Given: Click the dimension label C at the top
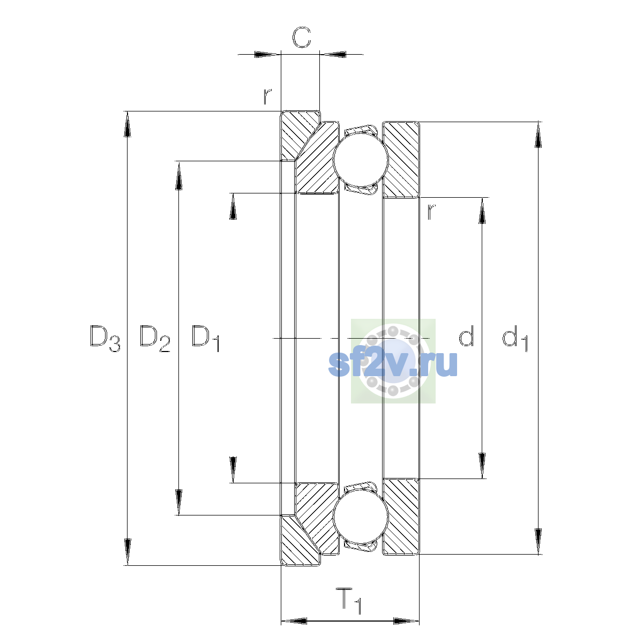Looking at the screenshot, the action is pos(301,37).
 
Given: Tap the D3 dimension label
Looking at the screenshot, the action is pos(105,338).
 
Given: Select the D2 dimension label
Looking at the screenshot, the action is pos(155,338).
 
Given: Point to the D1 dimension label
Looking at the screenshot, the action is pos(206,338).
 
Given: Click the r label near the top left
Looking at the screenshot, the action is pos(267,96).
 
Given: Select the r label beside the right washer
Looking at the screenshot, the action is pos(431,212).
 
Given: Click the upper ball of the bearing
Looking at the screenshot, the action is pos(361,160).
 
